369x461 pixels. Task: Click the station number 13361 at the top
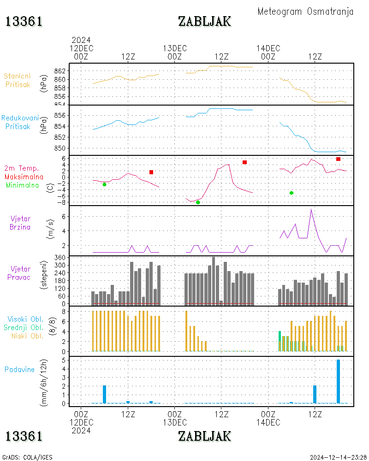[x=24, y=21]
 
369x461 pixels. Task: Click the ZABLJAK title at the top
[x=204, y=21]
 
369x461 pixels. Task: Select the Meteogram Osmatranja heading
[x=305, y=12]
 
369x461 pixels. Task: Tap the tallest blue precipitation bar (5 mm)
[x=339, y=381]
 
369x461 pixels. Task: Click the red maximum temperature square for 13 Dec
[x=244, y=162]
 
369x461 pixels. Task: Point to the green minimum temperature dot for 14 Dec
[x=292, y=193]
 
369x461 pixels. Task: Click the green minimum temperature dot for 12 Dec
[x=104, y=184]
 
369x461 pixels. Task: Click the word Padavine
[x=19, y=369]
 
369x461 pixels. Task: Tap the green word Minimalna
[x=23, y=185]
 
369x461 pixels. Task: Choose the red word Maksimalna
[x=24, y=177]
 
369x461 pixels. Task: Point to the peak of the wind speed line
[x=311, y=209]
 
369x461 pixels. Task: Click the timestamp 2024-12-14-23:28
[x=339, y=457]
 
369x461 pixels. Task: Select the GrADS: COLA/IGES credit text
[x=27, y=457]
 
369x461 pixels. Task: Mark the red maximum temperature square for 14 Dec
[x=338, y=159]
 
